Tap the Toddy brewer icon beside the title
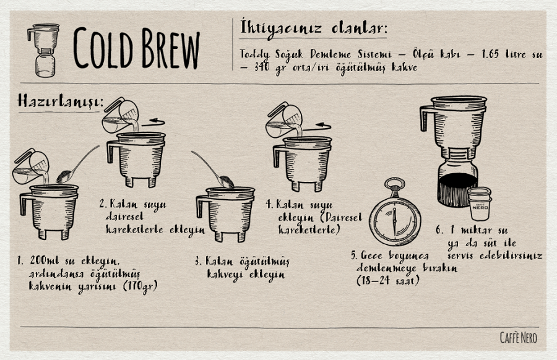pos(44,50)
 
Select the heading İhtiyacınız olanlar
pos(313,28)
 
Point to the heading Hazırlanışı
pos(60,101)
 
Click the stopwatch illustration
pos(395,212)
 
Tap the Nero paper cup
pos(480,204)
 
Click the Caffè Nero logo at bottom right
pos(518,338)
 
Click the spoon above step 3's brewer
pos(213,169)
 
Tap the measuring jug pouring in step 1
pos(30,166)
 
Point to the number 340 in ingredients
pos(262,67)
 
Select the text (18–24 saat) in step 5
pos(388,280)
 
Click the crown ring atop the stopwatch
pos(394,184)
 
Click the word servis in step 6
pos(461,255)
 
